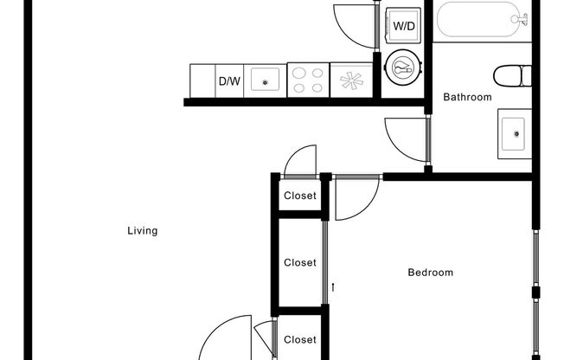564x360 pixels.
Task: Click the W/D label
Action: [x=404, y=26]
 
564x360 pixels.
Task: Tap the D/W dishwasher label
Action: [x=228, y=81]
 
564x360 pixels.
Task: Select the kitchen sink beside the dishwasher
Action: [x=266, y=81]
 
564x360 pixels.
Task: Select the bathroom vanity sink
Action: [x=516, y=132]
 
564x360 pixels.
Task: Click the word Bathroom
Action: [x=467, y=98]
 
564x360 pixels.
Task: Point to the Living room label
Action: [x=142, y=231]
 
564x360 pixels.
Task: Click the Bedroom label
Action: [x=430, y=273]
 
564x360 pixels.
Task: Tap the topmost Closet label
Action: [x=300, y=196]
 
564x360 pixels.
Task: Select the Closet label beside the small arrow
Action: [x=300, y=262]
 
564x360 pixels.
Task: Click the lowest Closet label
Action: [x=300, y=340]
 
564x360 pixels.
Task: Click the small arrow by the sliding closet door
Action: [x=332, y=286]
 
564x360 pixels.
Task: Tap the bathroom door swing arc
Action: [x=405, y=138]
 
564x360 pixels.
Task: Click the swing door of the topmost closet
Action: [x=300, y=161]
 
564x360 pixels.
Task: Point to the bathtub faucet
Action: [x=519, y=17]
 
